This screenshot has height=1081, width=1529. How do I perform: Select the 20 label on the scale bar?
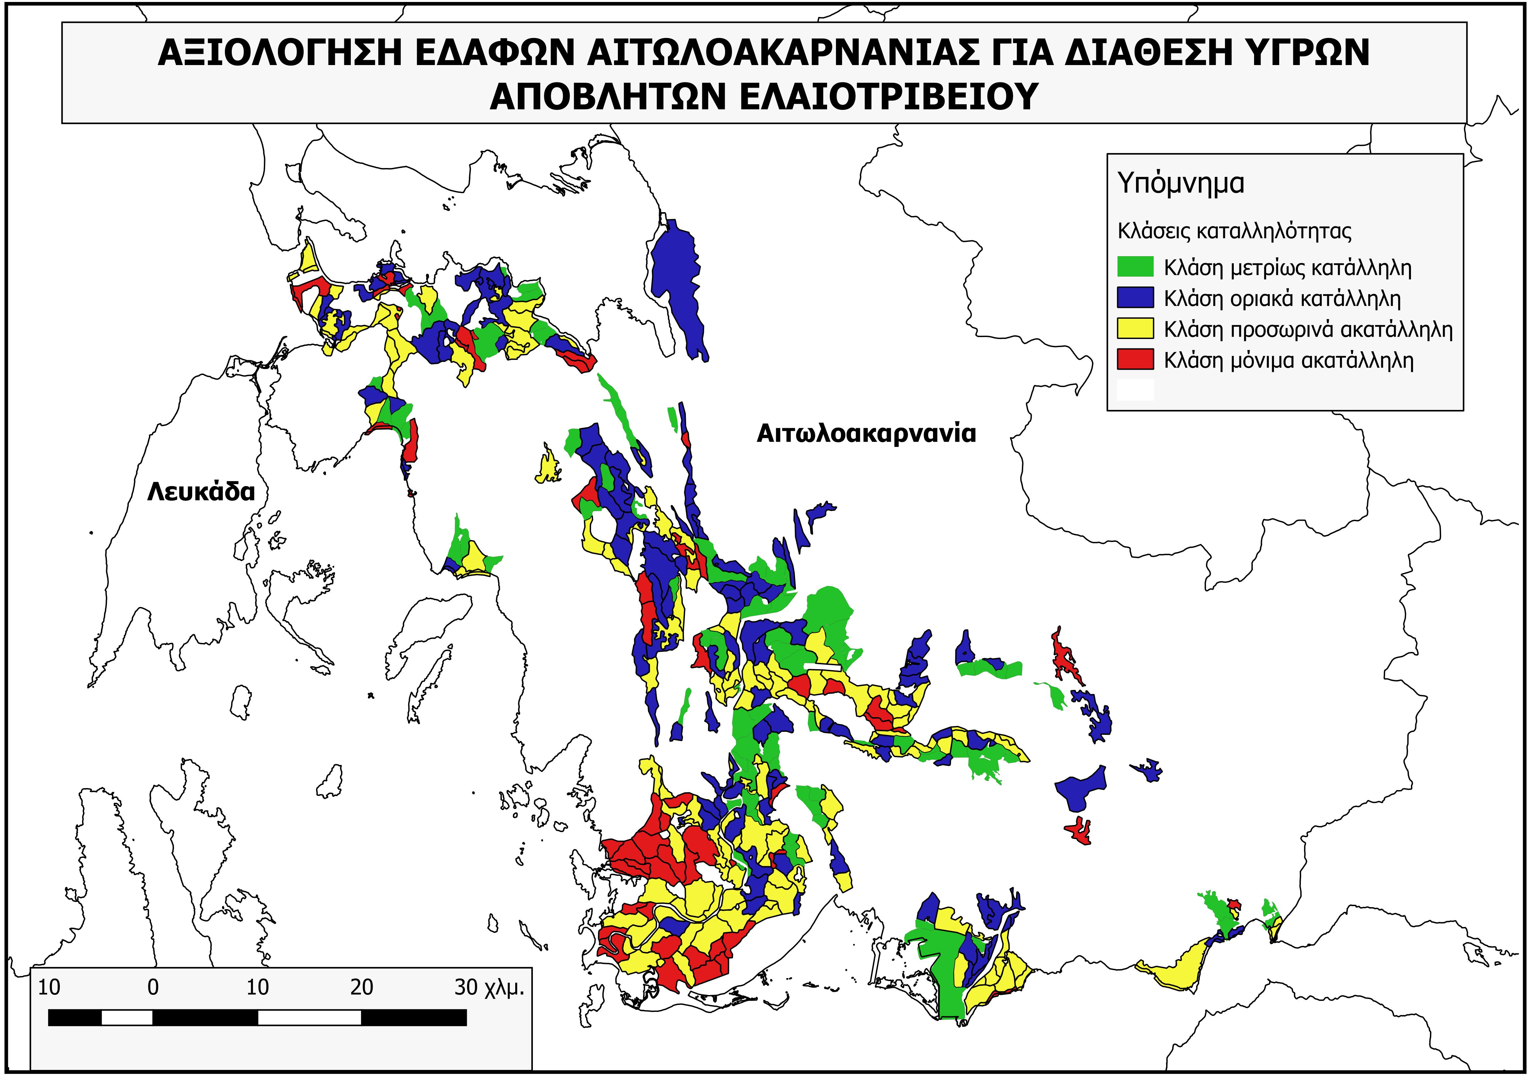(x=362, y=988)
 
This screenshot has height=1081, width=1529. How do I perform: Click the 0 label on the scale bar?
(x=153, y=988)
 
